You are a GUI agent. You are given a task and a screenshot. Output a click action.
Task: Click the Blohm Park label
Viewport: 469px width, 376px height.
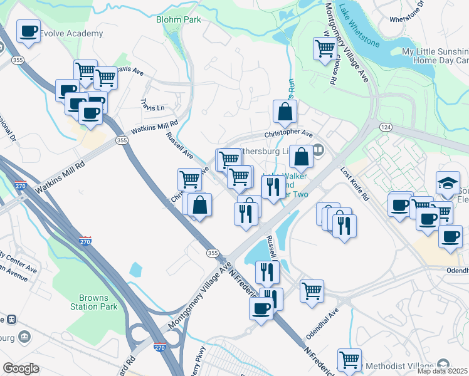pos(179,20)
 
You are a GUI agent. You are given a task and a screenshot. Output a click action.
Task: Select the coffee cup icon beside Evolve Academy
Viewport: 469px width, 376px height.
pos(28,31)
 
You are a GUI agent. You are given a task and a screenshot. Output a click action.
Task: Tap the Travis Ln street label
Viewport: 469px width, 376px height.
pos(152,105)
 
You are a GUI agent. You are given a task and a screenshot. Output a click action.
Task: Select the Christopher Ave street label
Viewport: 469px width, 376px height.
pos(288,133)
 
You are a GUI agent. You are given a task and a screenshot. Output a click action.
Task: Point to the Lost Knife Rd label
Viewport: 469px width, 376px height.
pos(355,184)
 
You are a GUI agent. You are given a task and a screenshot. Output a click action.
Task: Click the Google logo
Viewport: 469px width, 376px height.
pos(21,368)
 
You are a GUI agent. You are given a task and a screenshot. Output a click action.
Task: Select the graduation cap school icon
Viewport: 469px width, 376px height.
pos(448,182)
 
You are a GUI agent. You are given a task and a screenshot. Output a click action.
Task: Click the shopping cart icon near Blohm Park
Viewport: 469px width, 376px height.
pos(325,47)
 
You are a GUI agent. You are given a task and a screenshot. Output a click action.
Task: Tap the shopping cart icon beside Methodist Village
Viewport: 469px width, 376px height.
pos(349,359)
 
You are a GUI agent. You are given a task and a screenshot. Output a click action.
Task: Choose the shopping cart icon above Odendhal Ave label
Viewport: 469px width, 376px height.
pos(312,290)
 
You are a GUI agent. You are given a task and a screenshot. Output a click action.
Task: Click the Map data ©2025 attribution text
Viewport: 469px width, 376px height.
pos(443,371)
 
